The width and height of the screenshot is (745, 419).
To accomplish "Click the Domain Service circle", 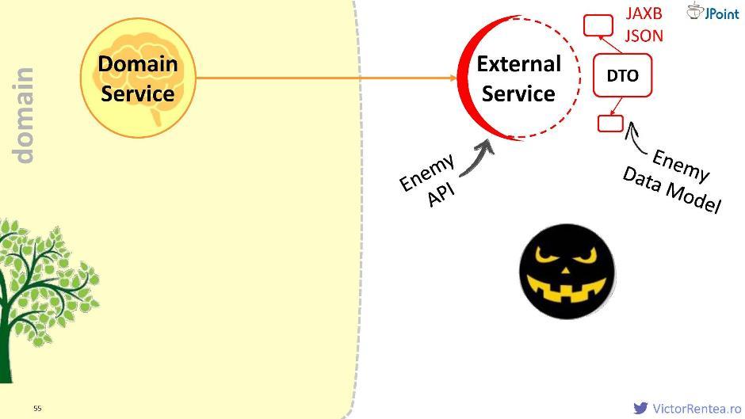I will [138, 78].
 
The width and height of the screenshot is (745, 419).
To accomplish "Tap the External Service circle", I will [519, 78].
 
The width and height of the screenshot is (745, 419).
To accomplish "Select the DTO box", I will [622, 76].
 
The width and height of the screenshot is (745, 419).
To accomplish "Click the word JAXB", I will [644, 14].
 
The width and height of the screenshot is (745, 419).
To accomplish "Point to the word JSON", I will [644, 36].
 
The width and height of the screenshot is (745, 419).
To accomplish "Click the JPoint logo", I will [713, 12].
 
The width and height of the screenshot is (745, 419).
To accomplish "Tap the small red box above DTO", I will [598, 25].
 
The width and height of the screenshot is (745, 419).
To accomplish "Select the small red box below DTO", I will [610, 123].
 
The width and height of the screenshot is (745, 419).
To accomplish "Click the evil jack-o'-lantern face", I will [567, 271].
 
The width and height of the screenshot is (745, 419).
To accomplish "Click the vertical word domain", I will [25, 116].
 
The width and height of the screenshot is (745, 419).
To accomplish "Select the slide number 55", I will [37, 408].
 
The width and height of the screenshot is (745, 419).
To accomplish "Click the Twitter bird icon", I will [640, 408].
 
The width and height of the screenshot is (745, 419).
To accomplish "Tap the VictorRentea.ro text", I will [691, 409].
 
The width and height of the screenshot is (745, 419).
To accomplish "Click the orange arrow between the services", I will [325, 78].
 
